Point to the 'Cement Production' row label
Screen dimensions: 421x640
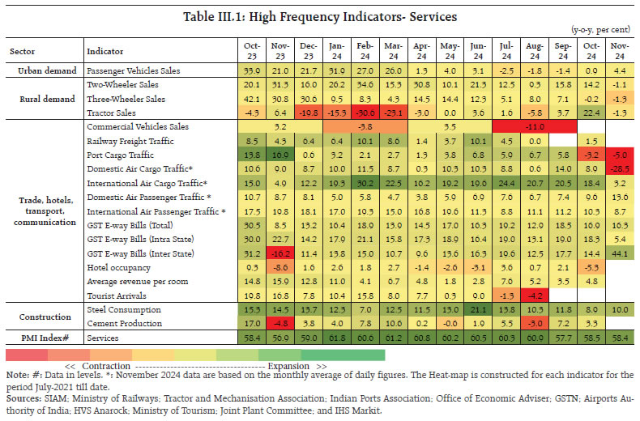tap(122, 323)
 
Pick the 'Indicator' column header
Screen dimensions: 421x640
tap(105, 50)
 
